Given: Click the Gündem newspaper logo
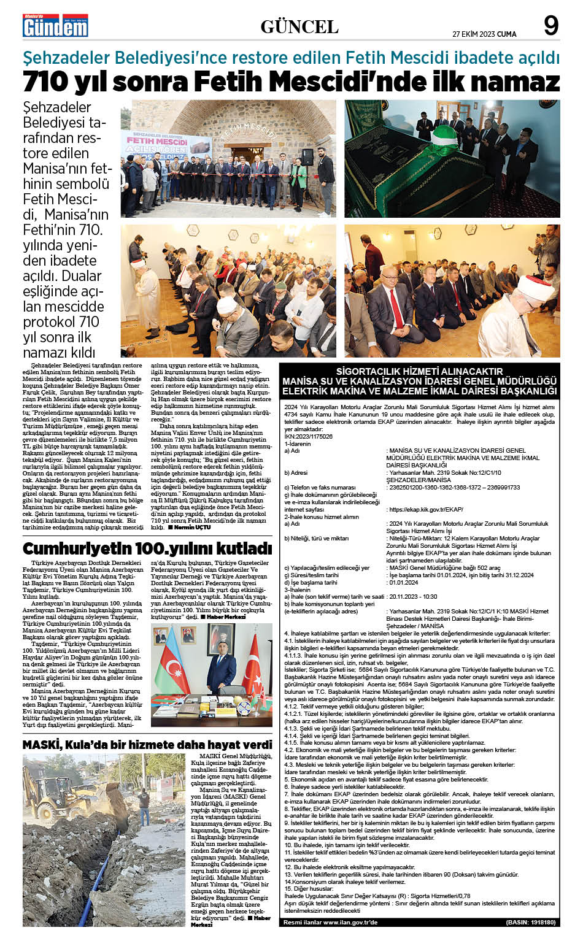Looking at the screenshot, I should (55, 25).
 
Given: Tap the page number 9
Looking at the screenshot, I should (550, 26).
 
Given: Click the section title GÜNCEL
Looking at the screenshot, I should (299, 26).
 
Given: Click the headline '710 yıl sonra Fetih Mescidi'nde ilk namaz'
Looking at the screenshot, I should (291, 82).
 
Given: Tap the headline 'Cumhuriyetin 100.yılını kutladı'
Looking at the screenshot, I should (147, 548).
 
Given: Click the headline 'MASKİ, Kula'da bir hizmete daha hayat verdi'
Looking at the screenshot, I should (147, 745).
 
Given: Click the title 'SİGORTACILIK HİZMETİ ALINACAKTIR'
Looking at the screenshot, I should (419, 371).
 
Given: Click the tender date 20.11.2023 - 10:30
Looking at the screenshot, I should (413, 596).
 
